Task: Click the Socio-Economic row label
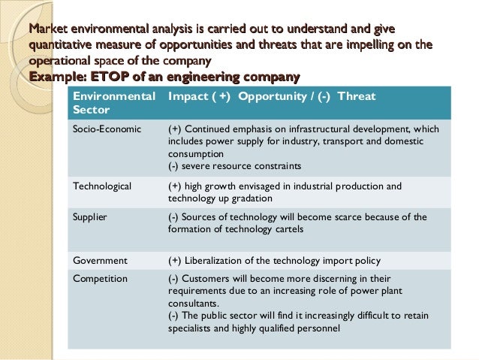[106, 128]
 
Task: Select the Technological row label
[101, 186]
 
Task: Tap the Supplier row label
[89, 216]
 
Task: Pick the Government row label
[99, 261]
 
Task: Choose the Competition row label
[100, 278]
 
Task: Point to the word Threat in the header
[357, 96]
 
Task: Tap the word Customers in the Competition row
[208, 278]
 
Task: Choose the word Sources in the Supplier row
[203, 216]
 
